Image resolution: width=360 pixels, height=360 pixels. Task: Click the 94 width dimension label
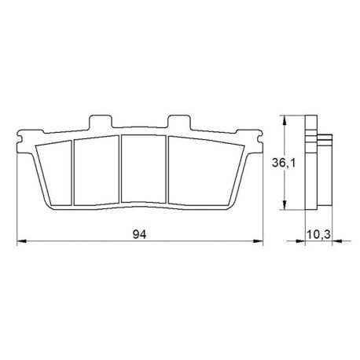tap(139, 234)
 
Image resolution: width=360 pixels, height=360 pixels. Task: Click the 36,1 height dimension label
tap(284, 163)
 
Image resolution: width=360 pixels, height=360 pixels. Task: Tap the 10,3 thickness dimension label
tap(318, 234)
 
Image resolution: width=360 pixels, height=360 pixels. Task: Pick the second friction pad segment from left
tap(97, 171)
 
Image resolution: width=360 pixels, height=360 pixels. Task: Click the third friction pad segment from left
tap(144, 168)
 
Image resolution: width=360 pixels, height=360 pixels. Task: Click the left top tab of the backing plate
tap(101, 122)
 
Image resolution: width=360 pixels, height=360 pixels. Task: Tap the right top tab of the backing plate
tap(179, 122)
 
